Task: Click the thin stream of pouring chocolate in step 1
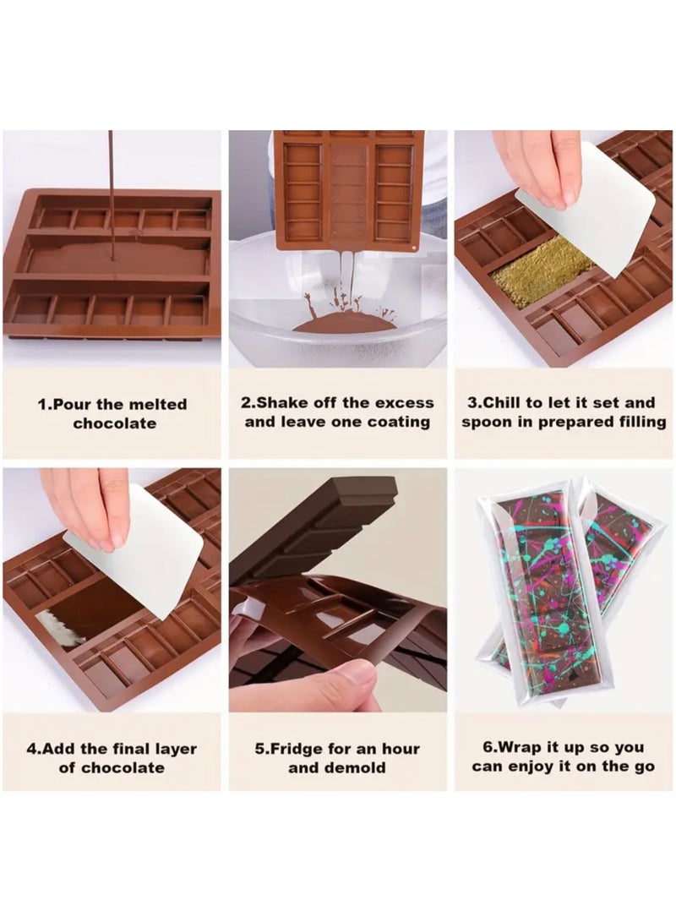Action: click(x=111, y=186)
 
